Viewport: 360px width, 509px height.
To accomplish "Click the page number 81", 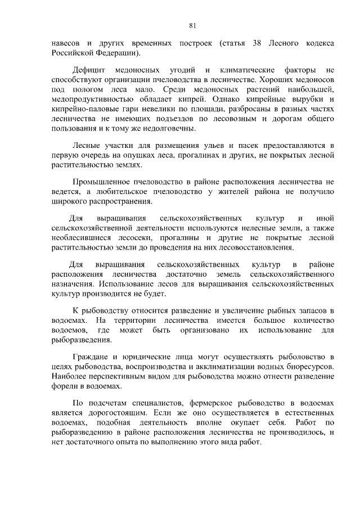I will point(192,25).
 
